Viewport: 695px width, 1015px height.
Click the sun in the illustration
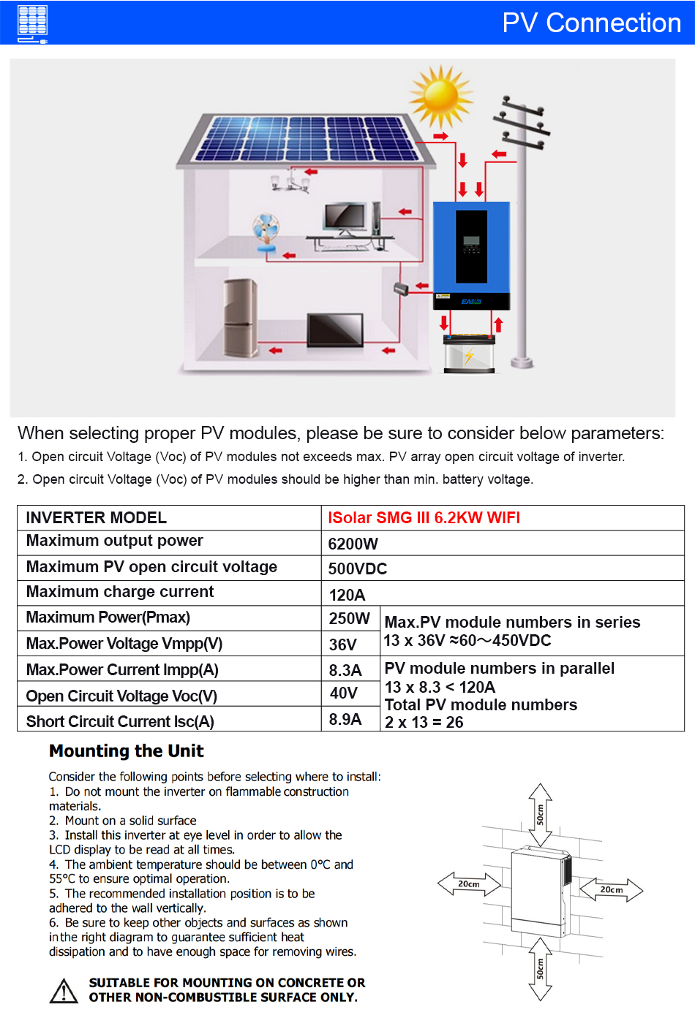[441, 96]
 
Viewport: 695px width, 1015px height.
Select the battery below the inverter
[470, 353]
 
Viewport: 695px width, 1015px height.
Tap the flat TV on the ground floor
[336, 330]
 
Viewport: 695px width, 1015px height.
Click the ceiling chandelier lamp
[290, 180]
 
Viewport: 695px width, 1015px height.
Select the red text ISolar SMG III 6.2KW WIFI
[424, 517]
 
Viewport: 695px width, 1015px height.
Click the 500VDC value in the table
[358, 569]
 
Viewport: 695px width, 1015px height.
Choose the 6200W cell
[353, 544]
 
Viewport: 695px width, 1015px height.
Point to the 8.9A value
[345, 719]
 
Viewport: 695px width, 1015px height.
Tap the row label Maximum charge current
[120, 592]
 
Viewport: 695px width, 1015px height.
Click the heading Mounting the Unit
[127, 751]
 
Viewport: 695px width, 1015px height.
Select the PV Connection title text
[591, 23]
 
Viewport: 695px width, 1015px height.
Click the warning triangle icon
[64, 991]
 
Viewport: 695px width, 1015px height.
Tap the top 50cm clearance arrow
[540, 814]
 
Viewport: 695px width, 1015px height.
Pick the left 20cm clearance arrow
[469, 884]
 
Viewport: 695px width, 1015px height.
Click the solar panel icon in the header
[32, 22]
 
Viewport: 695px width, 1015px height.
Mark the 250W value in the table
[349, 618]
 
